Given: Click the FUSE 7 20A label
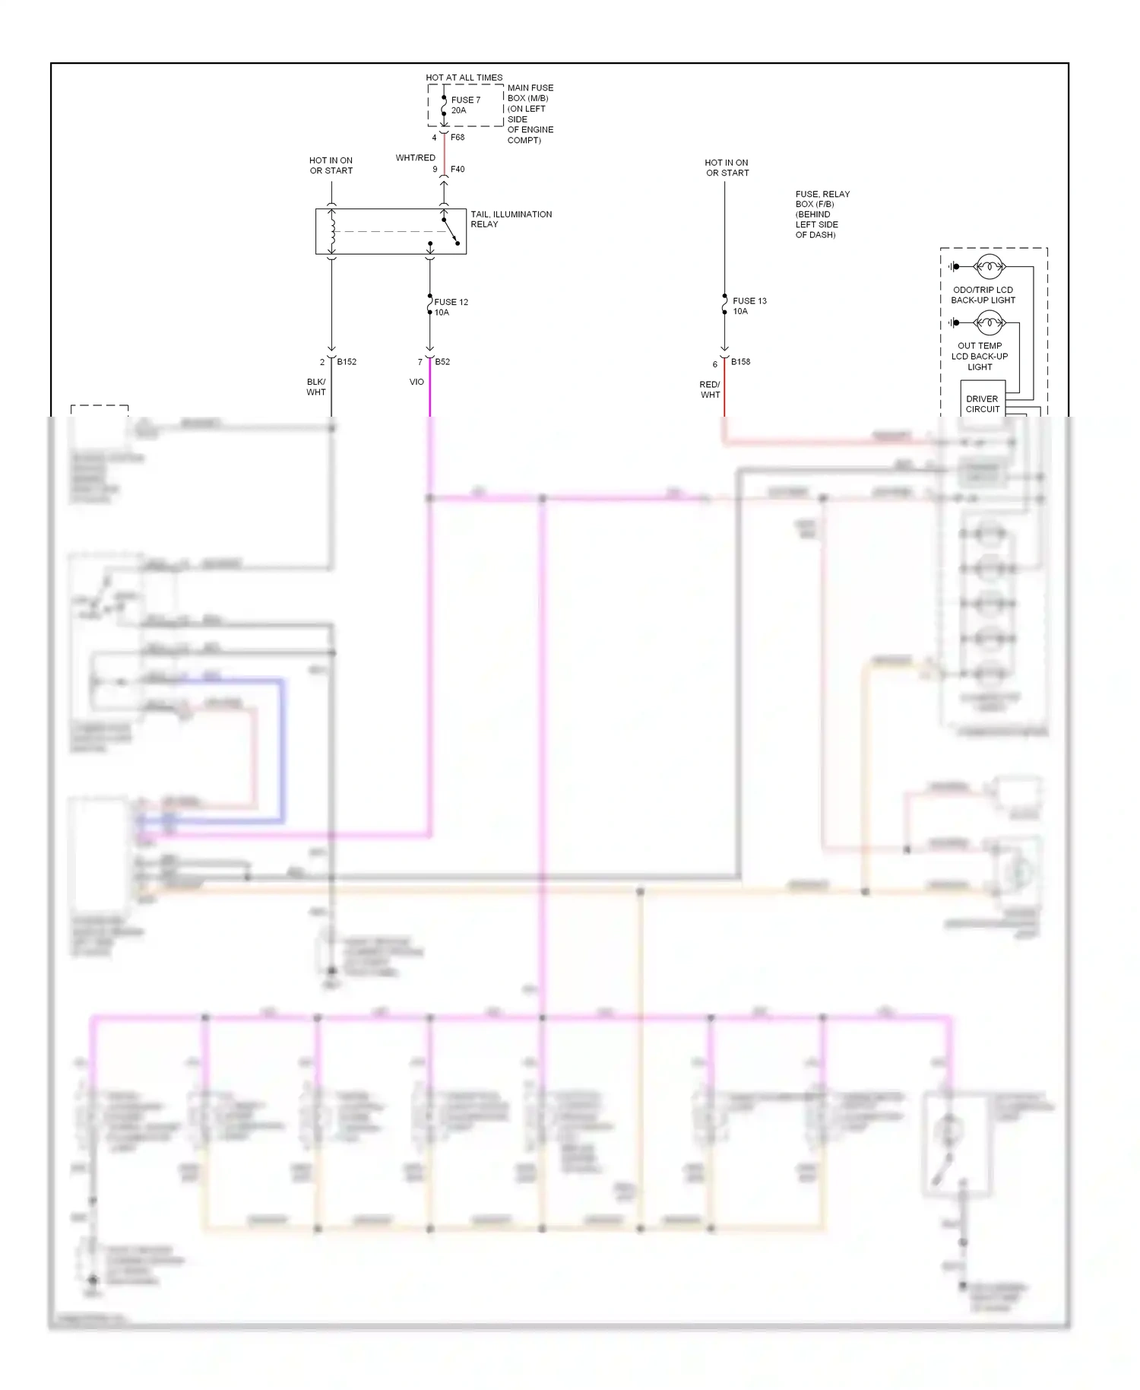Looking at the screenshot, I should [x=465, y=105].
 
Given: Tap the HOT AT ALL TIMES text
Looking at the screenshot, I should [x=464, y=78].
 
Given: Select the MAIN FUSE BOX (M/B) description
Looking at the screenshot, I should [x=530, y=114].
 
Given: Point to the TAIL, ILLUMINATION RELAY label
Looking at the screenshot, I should [x=511, y=219].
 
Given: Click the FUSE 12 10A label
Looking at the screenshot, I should [x=451, y=307].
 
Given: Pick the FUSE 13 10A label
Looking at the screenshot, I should [x=749, y=306].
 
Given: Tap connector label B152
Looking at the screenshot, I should [x=347, y=362].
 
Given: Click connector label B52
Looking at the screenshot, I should [x=442, y=362].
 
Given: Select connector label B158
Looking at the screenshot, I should [x=740, y=362].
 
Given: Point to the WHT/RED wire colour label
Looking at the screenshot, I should [x=415, y=158].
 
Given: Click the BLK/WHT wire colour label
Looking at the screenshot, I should [x=316, y=387].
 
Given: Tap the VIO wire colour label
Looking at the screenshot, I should [x=416, y=382].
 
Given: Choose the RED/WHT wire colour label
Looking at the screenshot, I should [x=710, y=389].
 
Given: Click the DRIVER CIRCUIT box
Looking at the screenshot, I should [x=983, y=404].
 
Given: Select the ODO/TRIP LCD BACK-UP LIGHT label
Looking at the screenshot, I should [x=983, y=295].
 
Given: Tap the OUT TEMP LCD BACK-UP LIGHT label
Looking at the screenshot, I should [x=980, y=356].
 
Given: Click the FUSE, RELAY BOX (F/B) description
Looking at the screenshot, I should [x=822, y=214].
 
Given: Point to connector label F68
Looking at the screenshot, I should [x=458, y=138].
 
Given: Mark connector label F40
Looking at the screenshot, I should [x=458, y=170].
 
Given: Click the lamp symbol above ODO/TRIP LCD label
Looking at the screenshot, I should [x=989, y=267].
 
